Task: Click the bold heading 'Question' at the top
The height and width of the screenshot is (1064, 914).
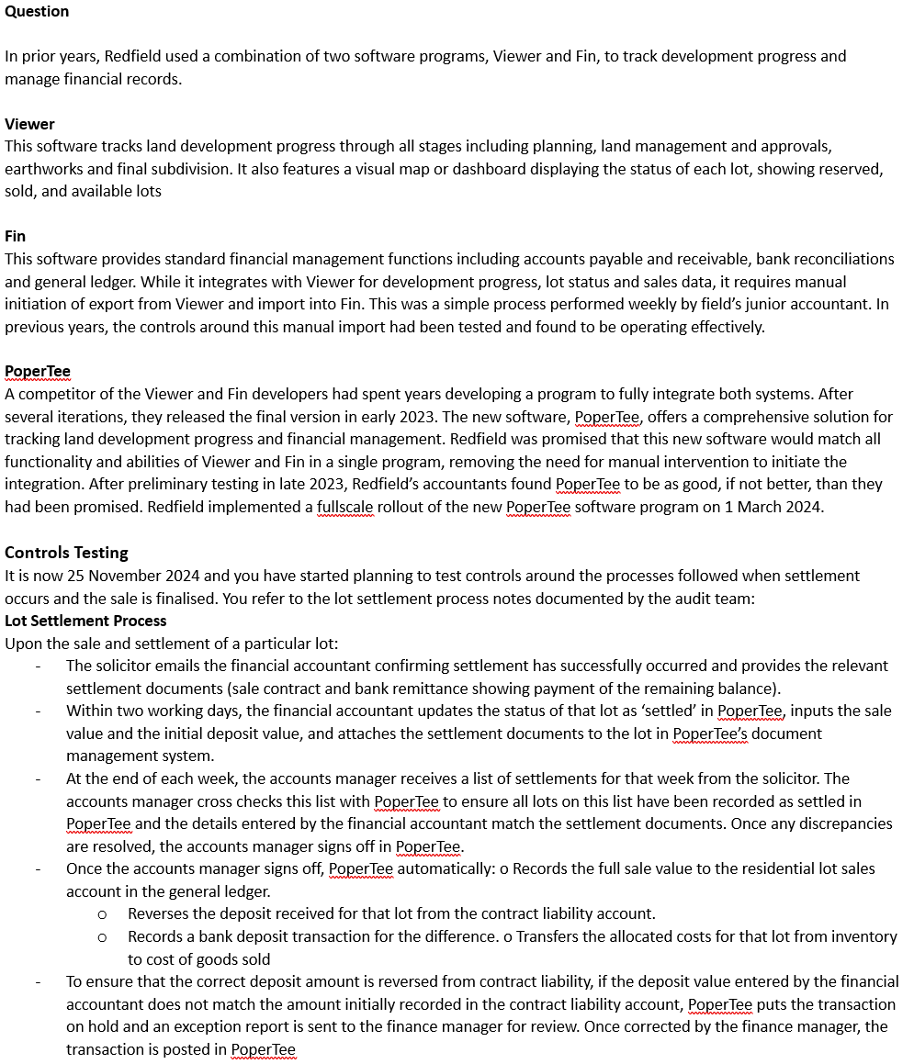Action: [x=37, y=11]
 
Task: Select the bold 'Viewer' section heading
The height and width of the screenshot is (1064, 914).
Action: [x=29, y=124]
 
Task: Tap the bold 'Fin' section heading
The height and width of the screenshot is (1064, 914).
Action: [x=16, y=236]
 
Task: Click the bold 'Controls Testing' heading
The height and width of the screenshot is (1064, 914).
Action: [x=66, y=553]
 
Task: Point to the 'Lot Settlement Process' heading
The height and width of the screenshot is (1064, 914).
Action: [x=85, y=621]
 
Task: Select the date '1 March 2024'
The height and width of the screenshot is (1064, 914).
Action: [x=776, y=507]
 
